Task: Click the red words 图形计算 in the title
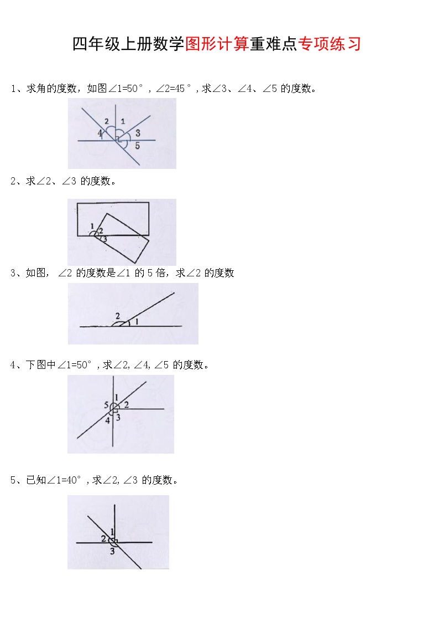pos(217,44)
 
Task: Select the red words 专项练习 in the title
pos(330,44)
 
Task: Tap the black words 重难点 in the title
pos(273,44)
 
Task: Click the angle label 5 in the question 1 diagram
pos(137,146)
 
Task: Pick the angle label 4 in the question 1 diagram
pos(100,133)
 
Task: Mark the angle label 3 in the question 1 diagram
pos(138,133)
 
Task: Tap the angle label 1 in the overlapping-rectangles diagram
pos(92,225)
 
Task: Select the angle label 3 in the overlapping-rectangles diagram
pos(104,239)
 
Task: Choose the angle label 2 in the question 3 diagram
pos(117,316)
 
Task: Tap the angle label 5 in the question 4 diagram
pos(106,405)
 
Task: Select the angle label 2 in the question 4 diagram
pos(126,405)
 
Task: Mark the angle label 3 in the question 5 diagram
pos(112,551)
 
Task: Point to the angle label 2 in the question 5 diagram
pos(103,538)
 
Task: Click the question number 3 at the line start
pos(13,273)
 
